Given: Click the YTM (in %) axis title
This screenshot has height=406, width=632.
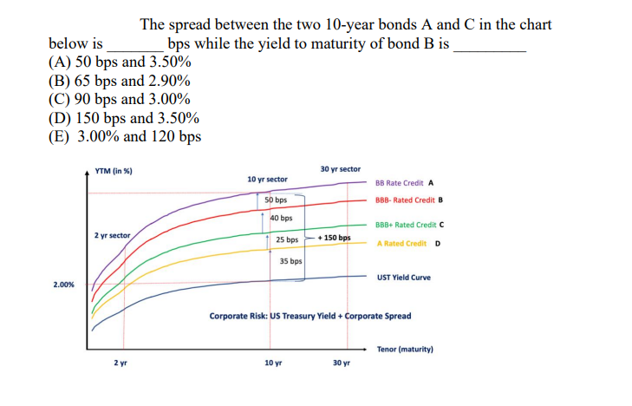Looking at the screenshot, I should [x=114, y=171].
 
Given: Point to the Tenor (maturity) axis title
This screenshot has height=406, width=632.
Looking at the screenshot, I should [x=405, y=350].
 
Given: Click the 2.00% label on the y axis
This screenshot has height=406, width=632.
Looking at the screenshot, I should [x=63, y=284].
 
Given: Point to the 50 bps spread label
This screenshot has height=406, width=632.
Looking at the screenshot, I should [x=276, y=200].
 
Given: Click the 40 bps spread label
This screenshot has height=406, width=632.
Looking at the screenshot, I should [x=280, y=218].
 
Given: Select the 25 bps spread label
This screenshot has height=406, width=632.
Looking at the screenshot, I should [x=287, y=239].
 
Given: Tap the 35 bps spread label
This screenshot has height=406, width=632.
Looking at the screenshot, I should [x=290, y=260].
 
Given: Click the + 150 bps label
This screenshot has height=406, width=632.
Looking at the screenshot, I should [x=334, y=238].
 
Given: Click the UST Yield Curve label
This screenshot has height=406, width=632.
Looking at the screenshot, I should [x=404, y=278].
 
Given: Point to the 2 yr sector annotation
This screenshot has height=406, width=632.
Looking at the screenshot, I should [x=112, y=235].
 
